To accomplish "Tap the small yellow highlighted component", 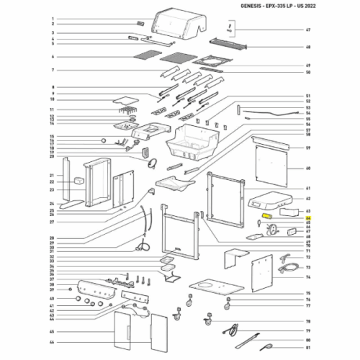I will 267,215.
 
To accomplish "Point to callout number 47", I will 308,30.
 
